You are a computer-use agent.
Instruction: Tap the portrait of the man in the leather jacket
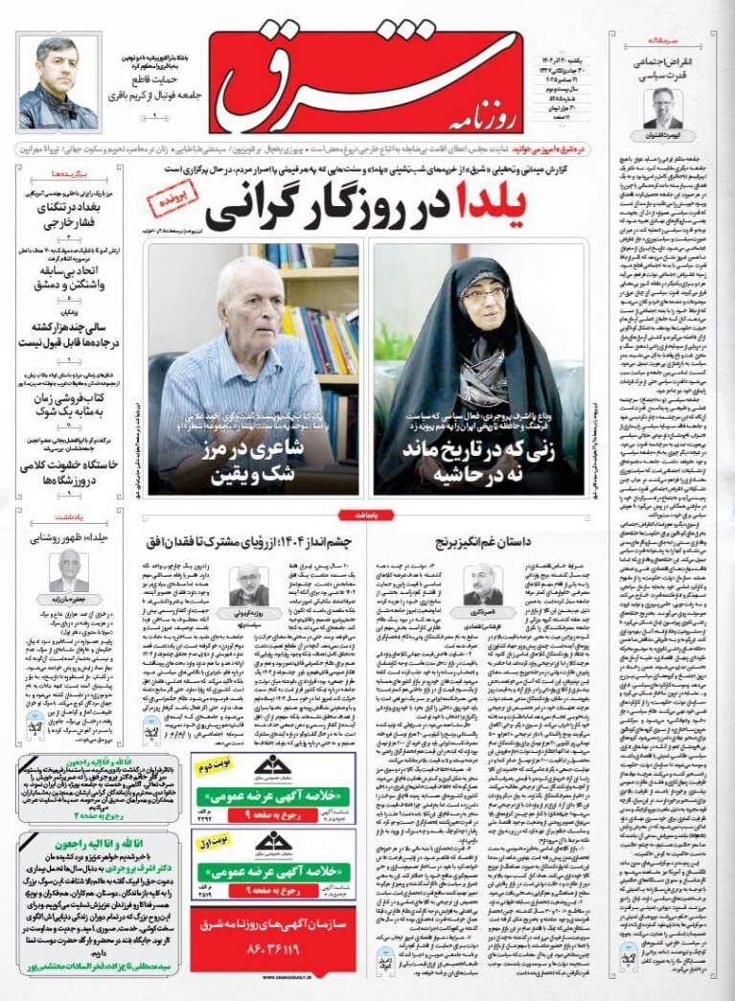point(57,82)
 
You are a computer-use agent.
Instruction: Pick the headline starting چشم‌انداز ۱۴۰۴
point(250,542)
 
